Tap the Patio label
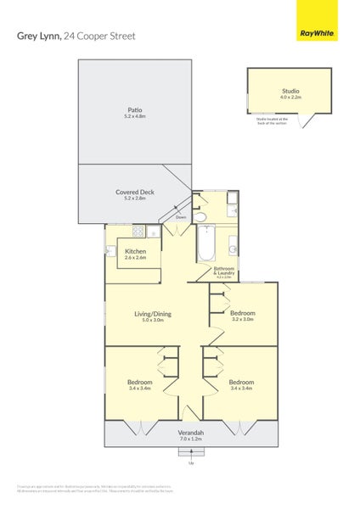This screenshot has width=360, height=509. [x=135, y=109]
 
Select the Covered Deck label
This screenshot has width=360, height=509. [x=135, y=192]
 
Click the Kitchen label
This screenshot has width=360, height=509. [x=136, y=251]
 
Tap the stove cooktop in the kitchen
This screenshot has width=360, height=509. [x=138, y=232]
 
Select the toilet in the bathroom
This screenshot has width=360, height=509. [x=200, y=217]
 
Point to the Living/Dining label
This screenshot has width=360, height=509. [x=153, y=314]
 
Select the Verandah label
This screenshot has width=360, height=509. [x=191, y=432]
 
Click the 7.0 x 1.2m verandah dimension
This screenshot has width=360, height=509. [x=191, y=439]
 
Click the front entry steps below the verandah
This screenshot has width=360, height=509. [x=191, y=453]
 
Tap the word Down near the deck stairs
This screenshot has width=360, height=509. [x=181, y=218]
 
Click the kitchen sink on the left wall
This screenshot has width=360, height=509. [x=110, y=250]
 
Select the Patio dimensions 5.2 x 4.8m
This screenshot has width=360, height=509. [x=135, y=117]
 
